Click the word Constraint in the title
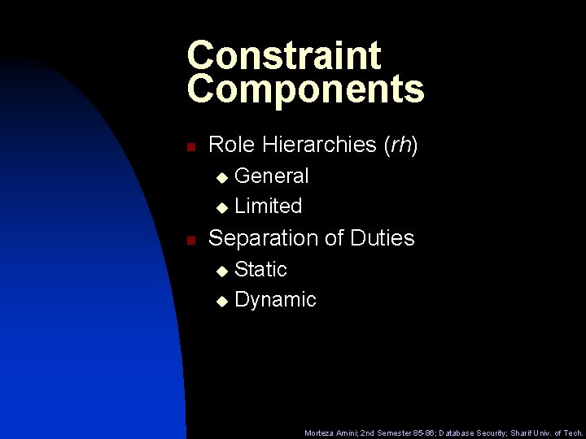click(283, 55)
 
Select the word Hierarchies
click(320, 145)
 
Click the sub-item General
click(272, 176)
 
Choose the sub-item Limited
click(268, 206)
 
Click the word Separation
click(265, 238)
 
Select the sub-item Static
click(260, 269)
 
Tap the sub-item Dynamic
click(275, 300)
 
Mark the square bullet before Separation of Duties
click(190, 241)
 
